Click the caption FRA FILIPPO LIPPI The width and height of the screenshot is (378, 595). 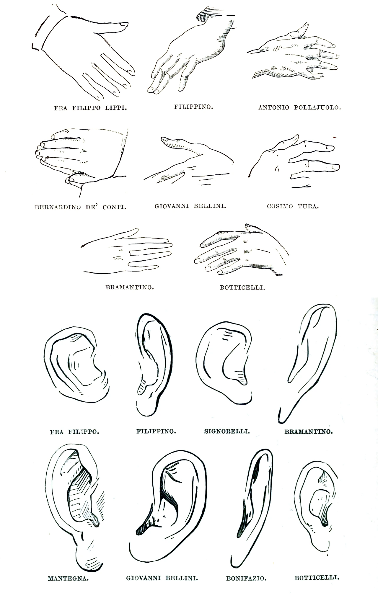90,108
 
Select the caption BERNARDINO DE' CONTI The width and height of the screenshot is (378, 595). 80,207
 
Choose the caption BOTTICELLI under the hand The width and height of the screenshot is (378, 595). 242,287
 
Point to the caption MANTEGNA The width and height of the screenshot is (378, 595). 68,578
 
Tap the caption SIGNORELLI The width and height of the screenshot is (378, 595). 227,431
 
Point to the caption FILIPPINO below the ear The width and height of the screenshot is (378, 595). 156,431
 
